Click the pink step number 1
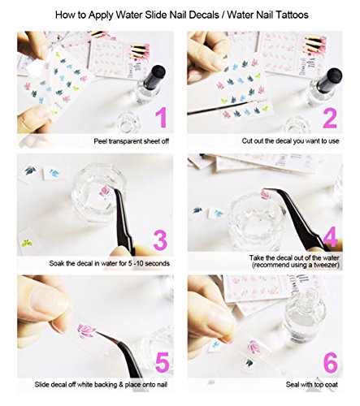[x=162, y=118]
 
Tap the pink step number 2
[x=330, y=118]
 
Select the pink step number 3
[x=160, y=240]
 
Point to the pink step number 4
[x=330, y=237]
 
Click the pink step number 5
[x=163, y=362]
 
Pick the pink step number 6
[x=331, y=362]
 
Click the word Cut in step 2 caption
[x=247, y=141]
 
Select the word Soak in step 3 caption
[x=56, y=263]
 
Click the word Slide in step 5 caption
[x=41, y=384]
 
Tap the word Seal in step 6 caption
[x=292, y=384]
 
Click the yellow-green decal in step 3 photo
[x=27, y=243]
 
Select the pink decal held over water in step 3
[x=104, y=192]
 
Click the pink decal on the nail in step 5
[x=86, y=331]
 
